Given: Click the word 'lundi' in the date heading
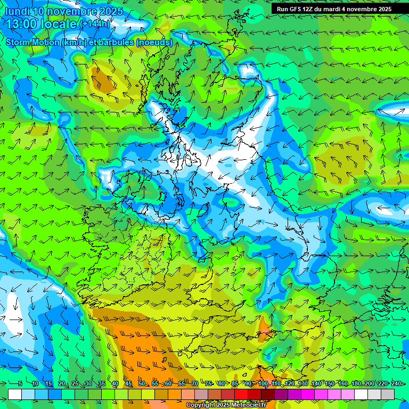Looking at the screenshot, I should [19, 11].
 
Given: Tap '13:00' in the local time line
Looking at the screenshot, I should [24, 24].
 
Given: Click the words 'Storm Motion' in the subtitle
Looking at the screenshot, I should [32, 42].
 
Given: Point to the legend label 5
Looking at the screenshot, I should [20, 383].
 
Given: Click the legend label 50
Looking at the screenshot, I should [141, 383].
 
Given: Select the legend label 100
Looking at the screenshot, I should [263, 383].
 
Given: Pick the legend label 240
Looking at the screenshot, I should [396, 383].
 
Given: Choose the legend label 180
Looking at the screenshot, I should [355, 383].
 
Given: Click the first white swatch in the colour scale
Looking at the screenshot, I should [15, 394].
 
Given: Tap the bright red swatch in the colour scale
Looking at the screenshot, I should [241, 394].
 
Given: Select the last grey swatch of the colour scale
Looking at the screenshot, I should [388, 394].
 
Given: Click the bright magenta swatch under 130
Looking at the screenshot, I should [308, 394].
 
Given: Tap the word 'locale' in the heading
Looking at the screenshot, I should [60, 24].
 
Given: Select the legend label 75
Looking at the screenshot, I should [208, 383].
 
